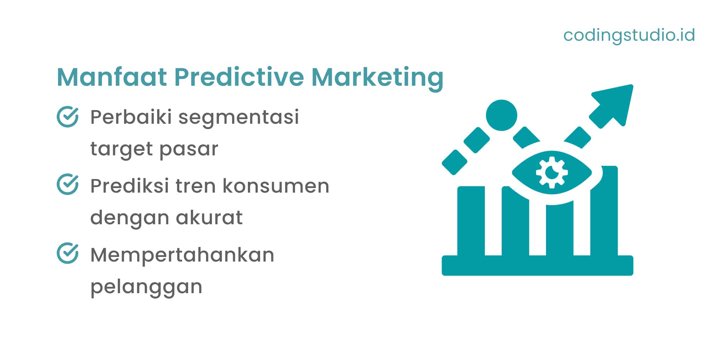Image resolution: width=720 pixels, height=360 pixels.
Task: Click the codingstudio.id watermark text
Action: (x=629, y=35)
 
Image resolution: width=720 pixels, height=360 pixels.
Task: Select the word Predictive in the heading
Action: (x=239, y=77)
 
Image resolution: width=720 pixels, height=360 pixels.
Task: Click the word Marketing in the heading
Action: (x=377, y=78)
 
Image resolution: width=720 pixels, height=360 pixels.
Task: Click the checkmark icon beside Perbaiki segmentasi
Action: (x=67, y=117)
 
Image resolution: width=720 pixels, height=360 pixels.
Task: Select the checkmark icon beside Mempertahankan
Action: (x=67, y=253)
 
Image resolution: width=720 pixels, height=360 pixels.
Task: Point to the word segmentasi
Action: (x=239, y=118)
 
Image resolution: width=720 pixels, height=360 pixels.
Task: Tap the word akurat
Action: (x=209, y=217)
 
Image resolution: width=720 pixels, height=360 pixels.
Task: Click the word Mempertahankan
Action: (x=182, y=255)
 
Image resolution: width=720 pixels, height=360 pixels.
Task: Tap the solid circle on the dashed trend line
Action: (x=501, y=115)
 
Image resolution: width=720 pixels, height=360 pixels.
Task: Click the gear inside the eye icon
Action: (x=552, y=172)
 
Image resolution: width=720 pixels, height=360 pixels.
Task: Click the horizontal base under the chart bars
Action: (x=537, y=265)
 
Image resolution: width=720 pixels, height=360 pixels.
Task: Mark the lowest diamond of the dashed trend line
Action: (x=454, y=162)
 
